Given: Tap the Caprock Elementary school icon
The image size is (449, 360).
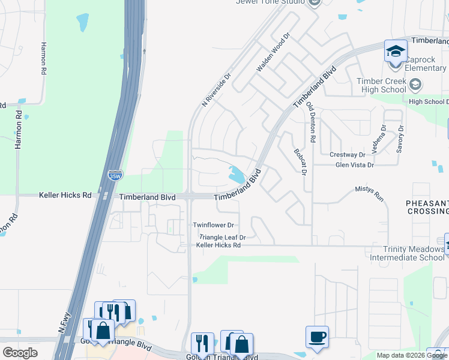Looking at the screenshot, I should pos(396,52).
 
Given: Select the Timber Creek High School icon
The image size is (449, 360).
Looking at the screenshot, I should pos(415,85).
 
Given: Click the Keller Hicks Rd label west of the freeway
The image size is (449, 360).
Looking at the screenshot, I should pos(65,196).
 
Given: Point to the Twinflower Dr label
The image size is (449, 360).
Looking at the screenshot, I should pos(213,225).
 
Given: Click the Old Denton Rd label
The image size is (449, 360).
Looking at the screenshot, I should pos(310,121).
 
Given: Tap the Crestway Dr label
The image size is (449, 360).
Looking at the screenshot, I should pos(348,155).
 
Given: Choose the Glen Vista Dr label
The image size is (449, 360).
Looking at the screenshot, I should pos(355,164).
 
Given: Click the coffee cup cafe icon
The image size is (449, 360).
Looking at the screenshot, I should pos(316,336).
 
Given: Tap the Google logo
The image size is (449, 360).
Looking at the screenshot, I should pos(20,353).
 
